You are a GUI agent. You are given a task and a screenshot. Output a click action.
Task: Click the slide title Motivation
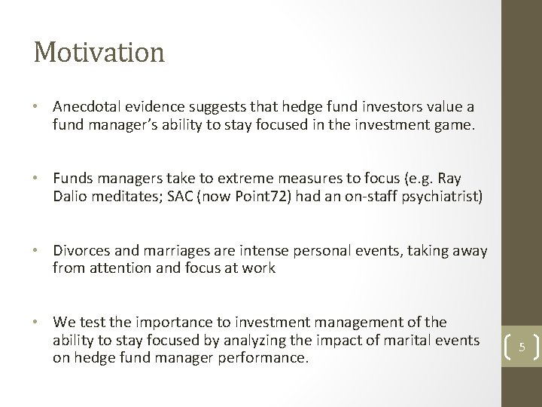[99, 53]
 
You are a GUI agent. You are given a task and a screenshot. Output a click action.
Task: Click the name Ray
[449, 179]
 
